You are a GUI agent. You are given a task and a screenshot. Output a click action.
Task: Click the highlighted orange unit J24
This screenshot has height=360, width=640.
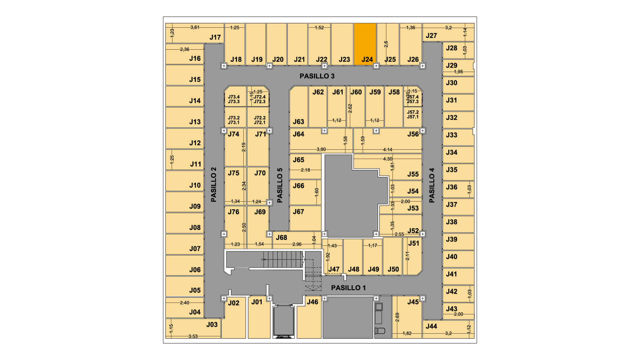pos(365,44)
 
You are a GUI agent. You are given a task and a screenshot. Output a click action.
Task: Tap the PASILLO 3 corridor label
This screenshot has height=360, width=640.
pos(317,76)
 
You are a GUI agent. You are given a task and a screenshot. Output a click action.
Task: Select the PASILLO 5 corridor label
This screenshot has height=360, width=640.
pos(280,185)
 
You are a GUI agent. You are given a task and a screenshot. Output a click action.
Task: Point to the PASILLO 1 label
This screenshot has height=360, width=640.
pos(348,288)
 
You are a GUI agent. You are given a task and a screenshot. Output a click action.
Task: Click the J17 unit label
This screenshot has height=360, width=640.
pos(215,37)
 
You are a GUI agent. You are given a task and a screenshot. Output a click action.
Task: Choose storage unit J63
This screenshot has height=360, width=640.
pos(299,107)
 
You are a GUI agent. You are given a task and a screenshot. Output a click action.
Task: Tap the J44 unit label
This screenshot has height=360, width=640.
pos(431,326)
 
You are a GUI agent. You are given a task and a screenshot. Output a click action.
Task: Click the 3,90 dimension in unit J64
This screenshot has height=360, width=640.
pos(321,149)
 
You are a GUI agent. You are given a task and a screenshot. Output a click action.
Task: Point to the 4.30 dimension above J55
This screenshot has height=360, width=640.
pos(388,159)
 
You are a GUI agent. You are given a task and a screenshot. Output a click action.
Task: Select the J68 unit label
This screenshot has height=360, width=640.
pos(281,237)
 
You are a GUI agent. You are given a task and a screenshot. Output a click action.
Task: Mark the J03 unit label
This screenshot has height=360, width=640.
pos(212,324)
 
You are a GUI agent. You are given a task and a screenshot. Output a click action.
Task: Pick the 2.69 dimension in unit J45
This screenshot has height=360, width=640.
pos(397,317)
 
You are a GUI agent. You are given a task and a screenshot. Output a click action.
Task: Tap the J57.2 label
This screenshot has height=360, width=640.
pos(413,112)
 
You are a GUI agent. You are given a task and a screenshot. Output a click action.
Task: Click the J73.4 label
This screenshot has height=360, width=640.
pos(234,97)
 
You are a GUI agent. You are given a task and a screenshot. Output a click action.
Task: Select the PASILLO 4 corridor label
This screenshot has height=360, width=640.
pos(432,185)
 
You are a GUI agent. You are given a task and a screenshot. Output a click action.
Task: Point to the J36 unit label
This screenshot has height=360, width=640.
pos(452,187)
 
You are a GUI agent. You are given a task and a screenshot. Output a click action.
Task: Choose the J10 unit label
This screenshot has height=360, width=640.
pos(195,185)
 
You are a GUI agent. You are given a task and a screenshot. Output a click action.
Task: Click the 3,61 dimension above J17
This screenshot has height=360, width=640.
pos(195,27)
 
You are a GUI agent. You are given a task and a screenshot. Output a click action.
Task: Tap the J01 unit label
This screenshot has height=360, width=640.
pos(257,302)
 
